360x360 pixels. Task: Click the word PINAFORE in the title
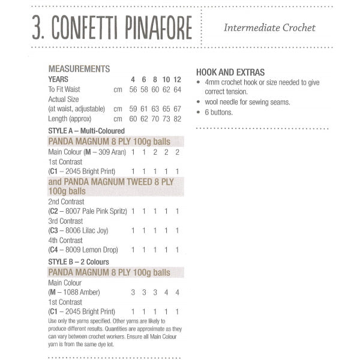coord(158,28)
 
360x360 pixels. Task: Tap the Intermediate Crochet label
coord(269,28)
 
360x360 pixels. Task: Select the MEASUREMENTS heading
coord(79,69)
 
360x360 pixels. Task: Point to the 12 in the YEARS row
coord(177,79)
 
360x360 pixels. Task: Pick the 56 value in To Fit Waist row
coord(133,89)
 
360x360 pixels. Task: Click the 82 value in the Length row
coord(177,119)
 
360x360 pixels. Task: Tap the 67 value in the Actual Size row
coord(177,109)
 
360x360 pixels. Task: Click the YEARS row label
coord(58,79)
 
